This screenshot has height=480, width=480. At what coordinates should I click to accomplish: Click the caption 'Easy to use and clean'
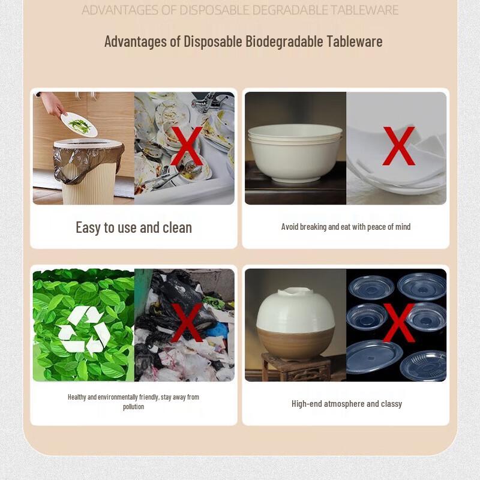(134, 227)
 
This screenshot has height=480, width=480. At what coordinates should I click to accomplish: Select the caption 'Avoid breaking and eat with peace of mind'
(346, 227)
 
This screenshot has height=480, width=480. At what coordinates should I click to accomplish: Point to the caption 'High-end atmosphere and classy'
(347, 404)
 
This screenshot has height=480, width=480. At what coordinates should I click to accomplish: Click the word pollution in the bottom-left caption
(133, 407)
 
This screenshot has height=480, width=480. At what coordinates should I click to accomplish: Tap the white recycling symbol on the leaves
(84, 330)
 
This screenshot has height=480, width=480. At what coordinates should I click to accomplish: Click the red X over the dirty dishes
(186, 146)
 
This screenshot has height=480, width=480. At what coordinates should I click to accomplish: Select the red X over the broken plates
(398, 146)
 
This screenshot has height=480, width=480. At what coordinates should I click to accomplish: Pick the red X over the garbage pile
(187, 322)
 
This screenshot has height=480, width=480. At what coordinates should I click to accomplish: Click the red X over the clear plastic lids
(398, 322)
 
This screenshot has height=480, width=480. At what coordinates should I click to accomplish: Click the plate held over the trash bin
(79, 124)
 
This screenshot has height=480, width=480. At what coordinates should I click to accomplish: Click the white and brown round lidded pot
(295, 324)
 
